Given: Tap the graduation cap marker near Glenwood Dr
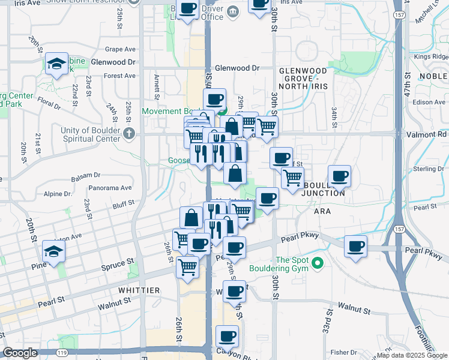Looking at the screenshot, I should (x=56, y=64).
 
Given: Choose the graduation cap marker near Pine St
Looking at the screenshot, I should (x=53, y=252).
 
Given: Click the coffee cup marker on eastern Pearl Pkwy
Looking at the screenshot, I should (x=355, y=246).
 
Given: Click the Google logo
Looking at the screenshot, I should (x=20, y=353).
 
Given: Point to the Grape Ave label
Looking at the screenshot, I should (x=120, y=49).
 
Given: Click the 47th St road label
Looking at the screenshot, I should (x=407, y=86).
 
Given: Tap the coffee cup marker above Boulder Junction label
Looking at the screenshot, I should (x=339, y=176).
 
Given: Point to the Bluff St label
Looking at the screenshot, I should (x=123, y=208).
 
